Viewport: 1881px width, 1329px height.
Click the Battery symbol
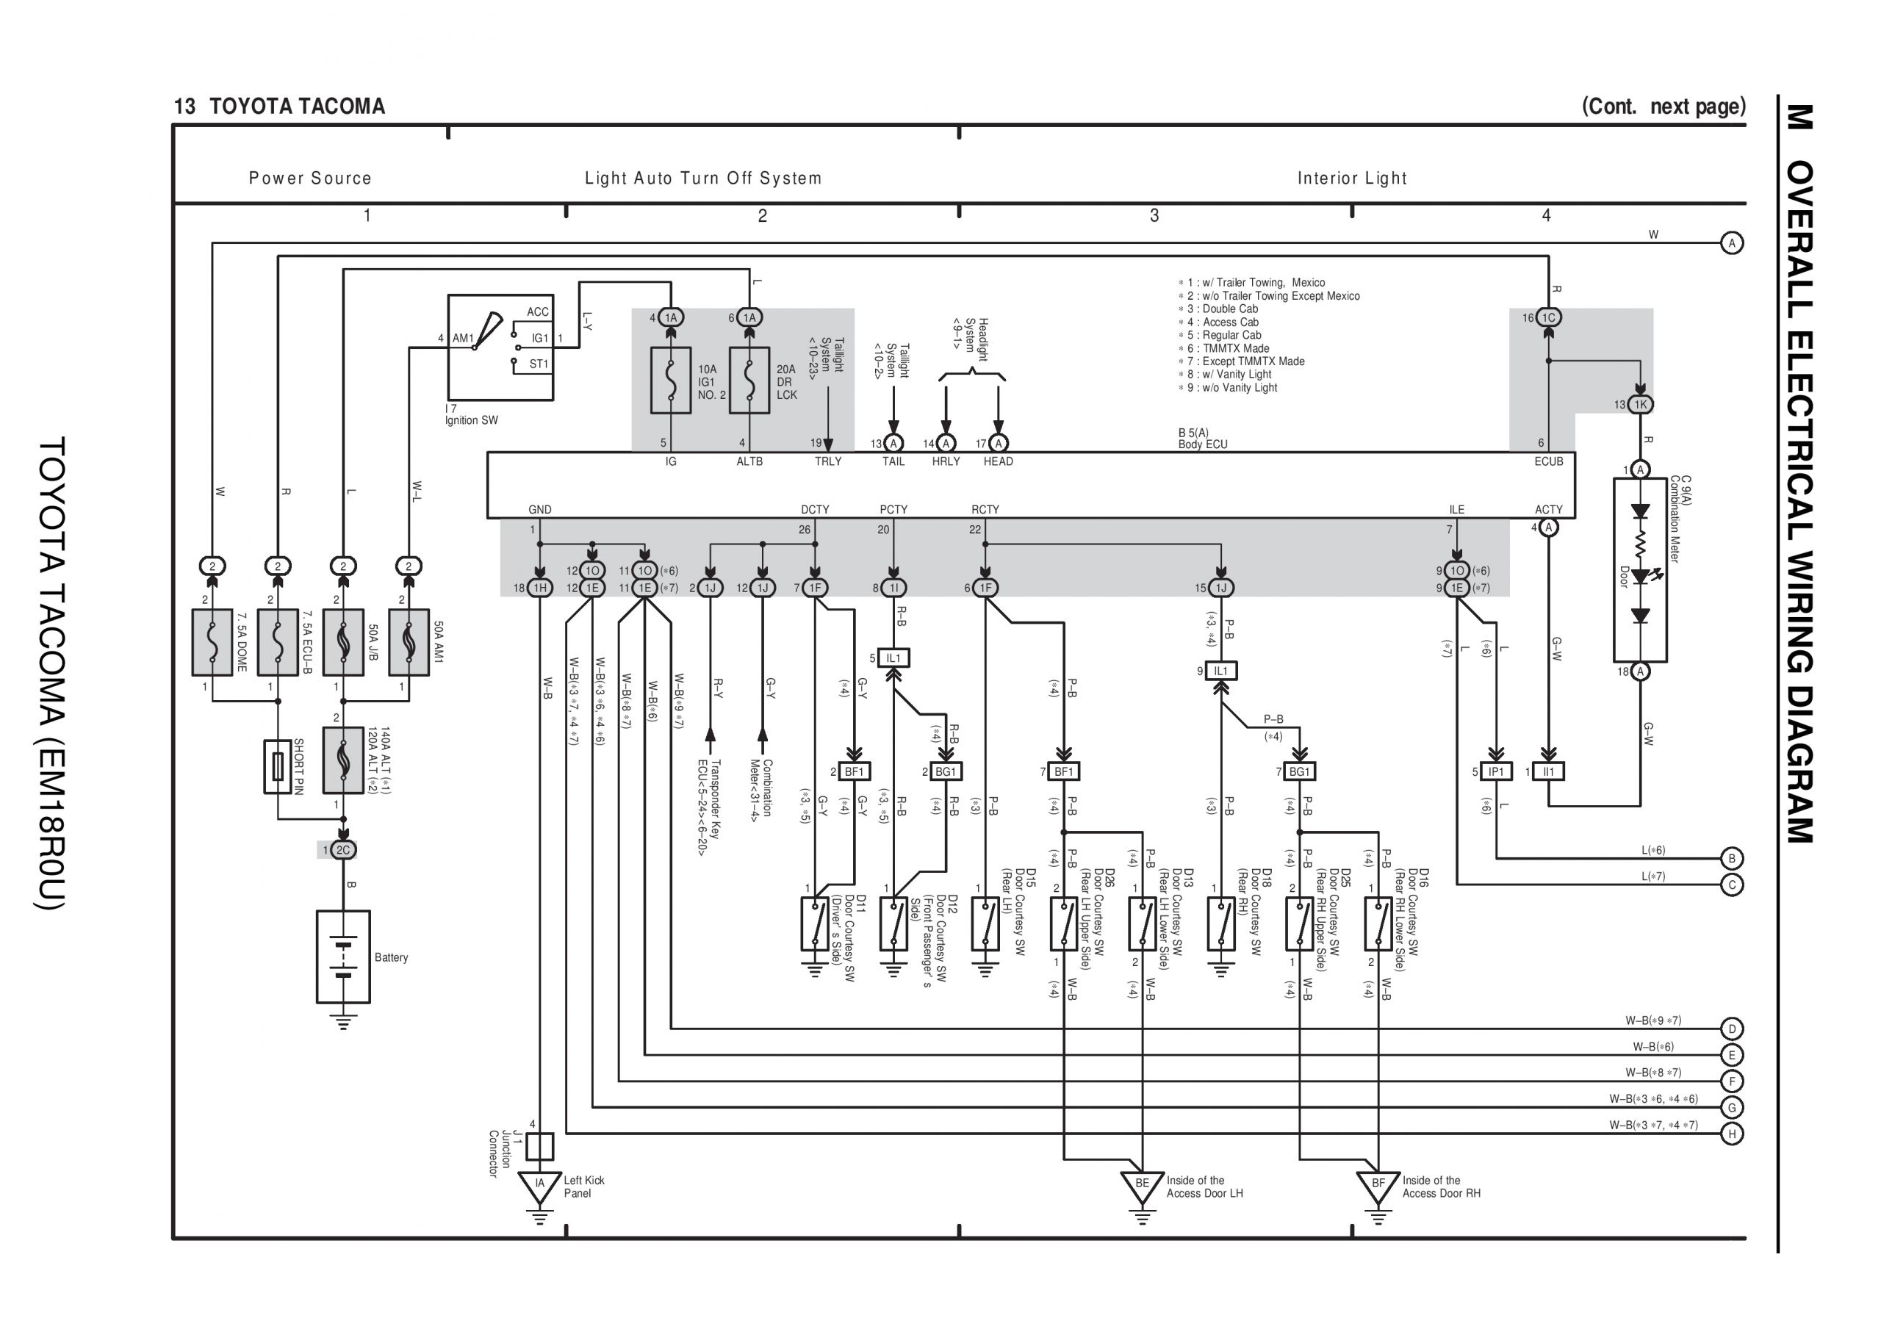tap(343, 957)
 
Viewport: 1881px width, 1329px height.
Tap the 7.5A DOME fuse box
tap(212, 641)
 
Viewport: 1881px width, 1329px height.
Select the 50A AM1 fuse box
tap(409, 641)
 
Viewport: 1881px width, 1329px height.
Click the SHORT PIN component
tap(278, 766)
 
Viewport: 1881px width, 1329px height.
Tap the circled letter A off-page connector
tap(1731, 243)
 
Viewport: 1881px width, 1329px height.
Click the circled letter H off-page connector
tap(1731, 1134)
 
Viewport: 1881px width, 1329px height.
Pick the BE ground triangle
tap(1142, 1185)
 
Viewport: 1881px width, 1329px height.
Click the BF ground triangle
tap(1378, 1185)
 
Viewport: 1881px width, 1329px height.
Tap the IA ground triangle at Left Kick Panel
tap(540, 1185)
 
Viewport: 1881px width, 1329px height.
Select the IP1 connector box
tap(1496, 772)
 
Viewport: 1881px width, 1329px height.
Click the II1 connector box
tap(1548, 772)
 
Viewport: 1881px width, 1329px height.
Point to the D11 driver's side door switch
tap(814, 923)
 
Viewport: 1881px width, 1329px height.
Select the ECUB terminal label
tap(1548, 461)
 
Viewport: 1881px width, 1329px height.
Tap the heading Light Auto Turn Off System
tap(703, 178)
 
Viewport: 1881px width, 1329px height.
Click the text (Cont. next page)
tap(1663, 107)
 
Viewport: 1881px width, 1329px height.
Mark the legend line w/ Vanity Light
tap(1231, 375)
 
